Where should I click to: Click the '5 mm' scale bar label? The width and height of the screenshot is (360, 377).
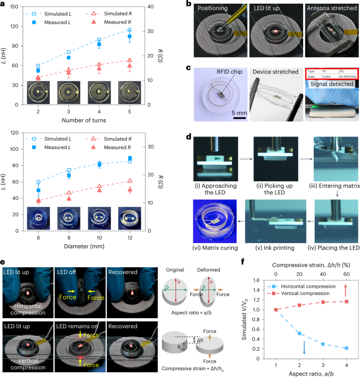[x=239, y=112]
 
